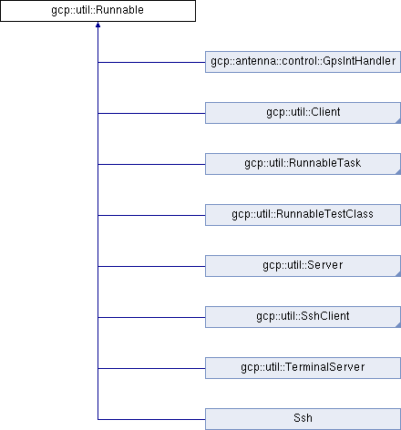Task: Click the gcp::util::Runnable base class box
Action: [98, 11]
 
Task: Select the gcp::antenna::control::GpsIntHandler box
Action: [303, 62]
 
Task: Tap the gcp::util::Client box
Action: [303, 113]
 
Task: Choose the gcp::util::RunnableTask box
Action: [303, 164]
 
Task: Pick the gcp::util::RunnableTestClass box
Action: [303, 215]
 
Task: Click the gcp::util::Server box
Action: [303, 266]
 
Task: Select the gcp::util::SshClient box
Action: [303, 317]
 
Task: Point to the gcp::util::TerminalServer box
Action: [303, 368]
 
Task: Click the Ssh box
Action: [303, 419]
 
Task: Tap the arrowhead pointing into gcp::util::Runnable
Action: [98, 25]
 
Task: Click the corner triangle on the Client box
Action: [398, 121]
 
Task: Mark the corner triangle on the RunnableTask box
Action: [398, 172]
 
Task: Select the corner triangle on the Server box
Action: [398, 274]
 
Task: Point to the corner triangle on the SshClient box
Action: [398, 325]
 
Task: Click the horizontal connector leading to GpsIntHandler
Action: [151, 62]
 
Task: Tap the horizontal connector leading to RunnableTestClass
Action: [151, 215]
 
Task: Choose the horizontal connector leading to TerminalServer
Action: [151, 368]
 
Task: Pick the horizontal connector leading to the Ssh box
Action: [151, 419]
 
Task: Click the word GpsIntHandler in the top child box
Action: [359, 61]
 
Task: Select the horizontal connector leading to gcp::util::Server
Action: [151, 266]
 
